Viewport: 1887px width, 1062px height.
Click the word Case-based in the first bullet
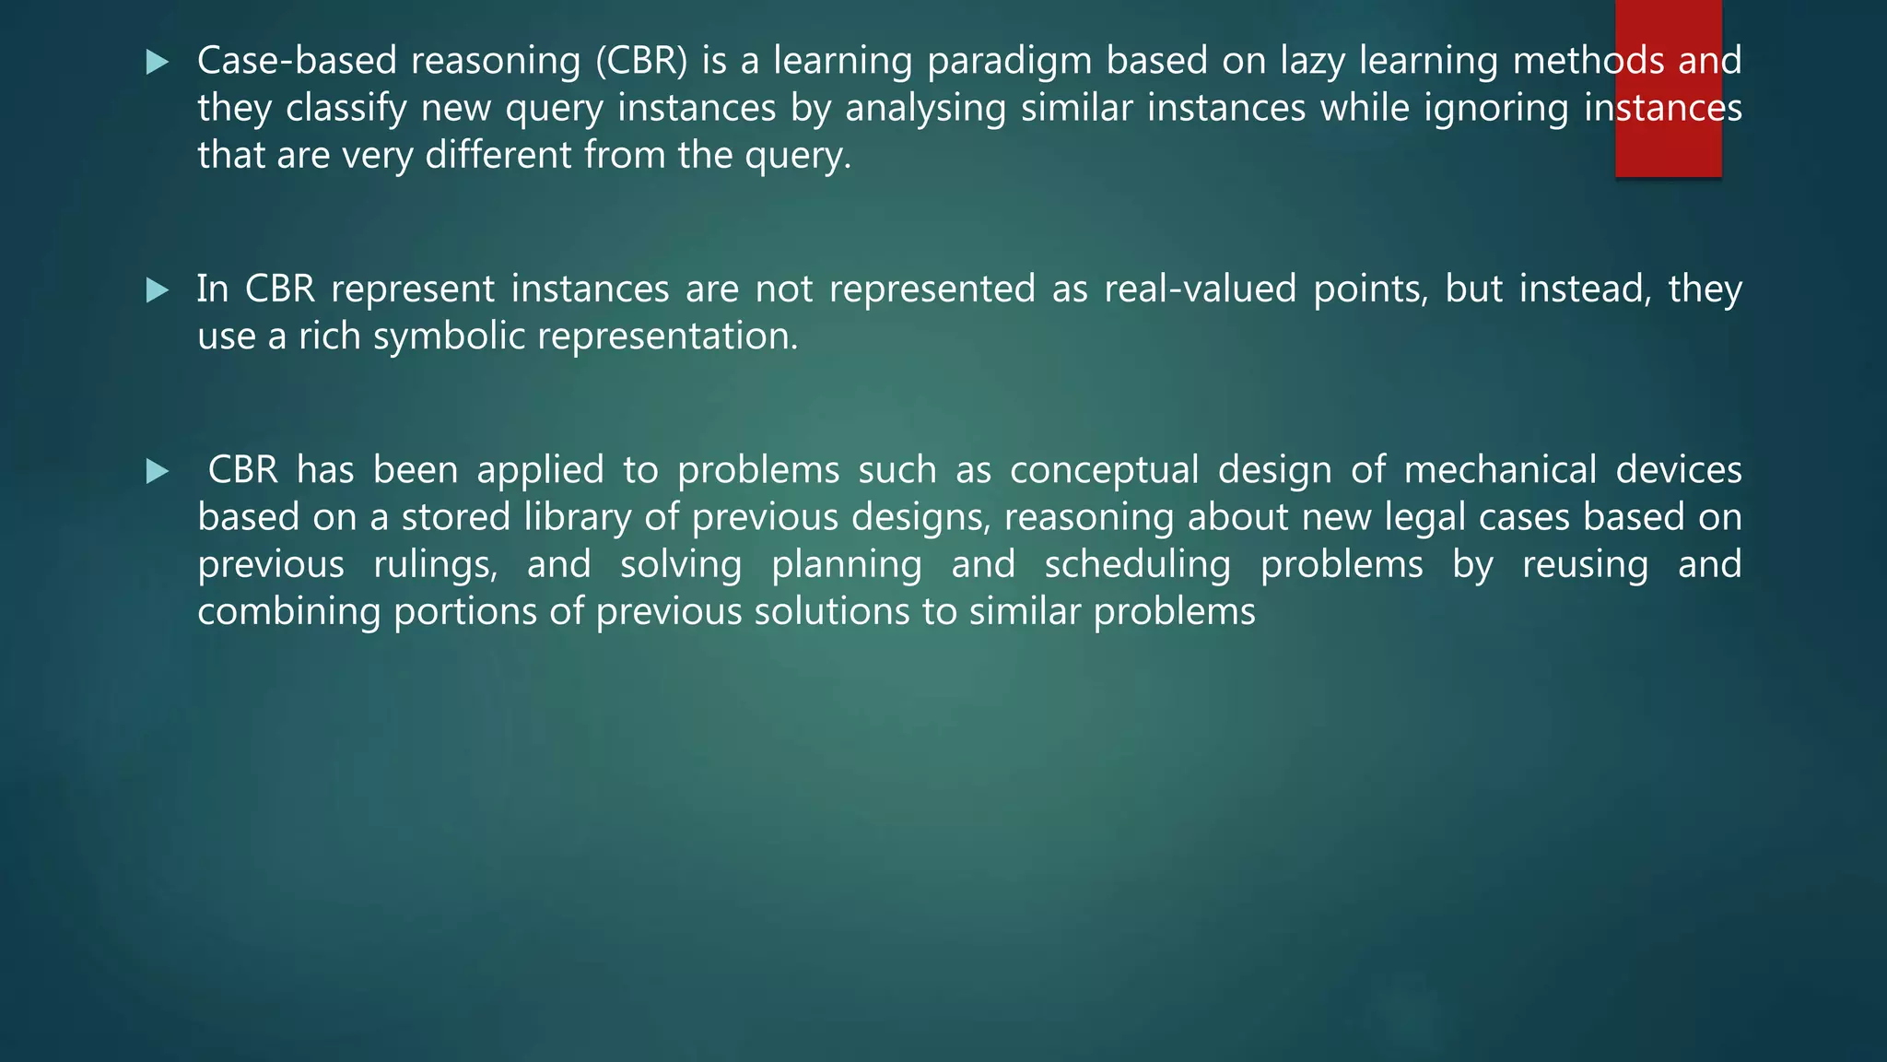(296, 61)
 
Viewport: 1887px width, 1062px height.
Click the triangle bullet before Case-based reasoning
(158, 63)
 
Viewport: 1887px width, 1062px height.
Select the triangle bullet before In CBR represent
(158, 291)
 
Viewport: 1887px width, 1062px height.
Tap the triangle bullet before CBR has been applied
(158, 472)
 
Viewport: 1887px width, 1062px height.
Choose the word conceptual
(1104, 470)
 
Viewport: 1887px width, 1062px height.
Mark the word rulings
(435, 565)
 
